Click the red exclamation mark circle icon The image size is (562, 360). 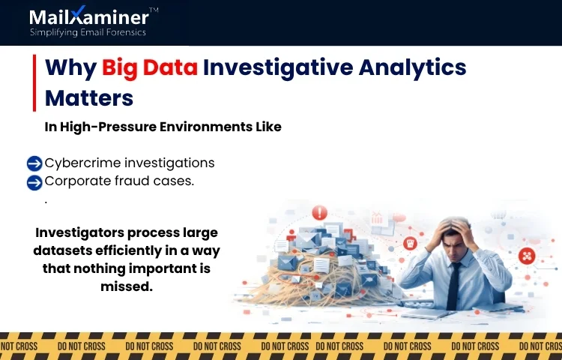(x=320, y=212)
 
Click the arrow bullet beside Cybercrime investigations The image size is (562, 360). (x=34, y=163)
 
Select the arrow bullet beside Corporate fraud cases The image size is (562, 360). (x=34, y=181)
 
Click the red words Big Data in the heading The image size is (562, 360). (x=150, y=68)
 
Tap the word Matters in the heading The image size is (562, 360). (x=89, y=98)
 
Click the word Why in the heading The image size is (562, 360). (x=70, y=68)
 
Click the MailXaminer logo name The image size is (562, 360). (x=88, y=16)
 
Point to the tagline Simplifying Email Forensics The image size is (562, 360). (x=88, y=32)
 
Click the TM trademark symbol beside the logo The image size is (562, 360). (x=154, y=10)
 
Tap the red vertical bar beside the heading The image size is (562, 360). (x=34, y=82)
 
